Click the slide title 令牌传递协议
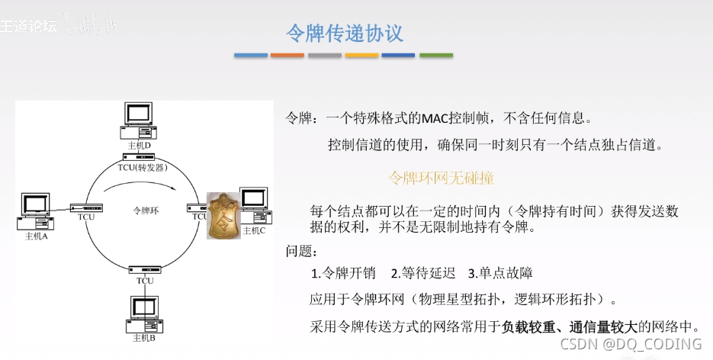(x=344, y=34)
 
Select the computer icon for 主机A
(x=35, y=212)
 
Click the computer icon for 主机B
(x=143, y=313)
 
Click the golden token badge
(x=223, y=215)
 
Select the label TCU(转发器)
(x=142, y=167)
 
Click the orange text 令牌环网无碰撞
(x=442, y=178)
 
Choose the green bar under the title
(x=435, y=56)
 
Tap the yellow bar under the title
(x=361, y=56)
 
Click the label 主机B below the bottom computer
(x=143, y=337)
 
